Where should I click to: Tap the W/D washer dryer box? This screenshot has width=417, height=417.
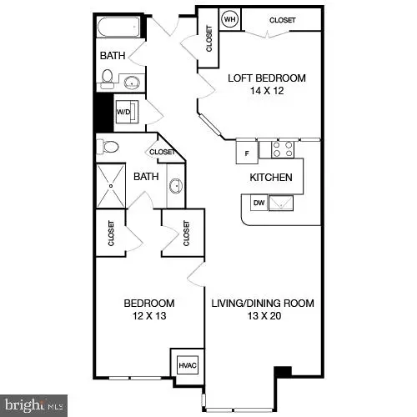(123, 111)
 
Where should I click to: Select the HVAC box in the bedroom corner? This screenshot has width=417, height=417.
(186, 364)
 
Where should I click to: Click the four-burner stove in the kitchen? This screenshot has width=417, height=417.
(283, 149)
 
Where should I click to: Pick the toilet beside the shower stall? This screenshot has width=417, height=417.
(108, 148)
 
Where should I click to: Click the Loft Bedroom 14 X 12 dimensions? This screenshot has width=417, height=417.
(267, 91)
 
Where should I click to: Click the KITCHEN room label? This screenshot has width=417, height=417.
(271, 178)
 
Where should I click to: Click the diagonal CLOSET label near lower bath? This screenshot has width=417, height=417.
(162, 153)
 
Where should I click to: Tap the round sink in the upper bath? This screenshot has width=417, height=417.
(133, 82)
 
